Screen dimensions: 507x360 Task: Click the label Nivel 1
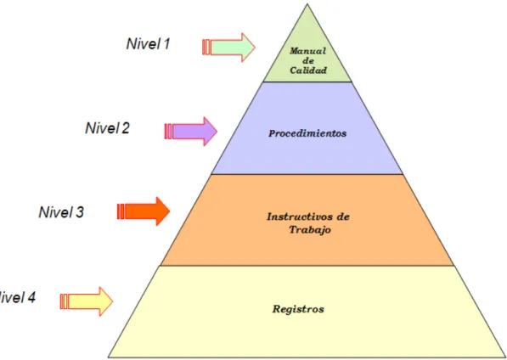pos(148,44)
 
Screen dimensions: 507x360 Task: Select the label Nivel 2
pos(107,128)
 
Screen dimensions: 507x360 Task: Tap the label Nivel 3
pos(61,212)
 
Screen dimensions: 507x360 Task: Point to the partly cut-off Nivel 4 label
pos(17,297)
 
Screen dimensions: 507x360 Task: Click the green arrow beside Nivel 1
pos(228,48)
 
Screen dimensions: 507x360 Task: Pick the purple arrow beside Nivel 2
pos(191,132)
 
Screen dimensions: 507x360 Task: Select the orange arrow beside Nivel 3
pos(144,211)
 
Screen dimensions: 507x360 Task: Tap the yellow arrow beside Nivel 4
pos(87,301)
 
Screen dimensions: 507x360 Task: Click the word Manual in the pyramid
pos(307,51)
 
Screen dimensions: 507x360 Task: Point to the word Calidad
pos(308,70)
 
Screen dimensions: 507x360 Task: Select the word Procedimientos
pos(307,133)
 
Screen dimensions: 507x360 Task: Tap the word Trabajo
pos(310,230)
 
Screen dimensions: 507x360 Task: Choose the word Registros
pos(298,309)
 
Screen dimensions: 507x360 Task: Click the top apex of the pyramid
pos(307,4)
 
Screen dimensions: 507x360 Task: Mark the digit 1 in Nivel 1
pos(166,44)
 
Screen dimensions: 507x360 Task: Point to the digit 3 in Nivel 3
pos(80,212)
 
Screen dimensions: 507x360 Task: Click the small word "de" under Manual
pos(308,60)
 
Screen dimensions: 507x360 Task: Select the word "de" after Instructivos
pos(343,217)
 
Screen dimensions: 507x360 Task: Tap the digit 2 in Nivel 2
pos(126,128)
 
